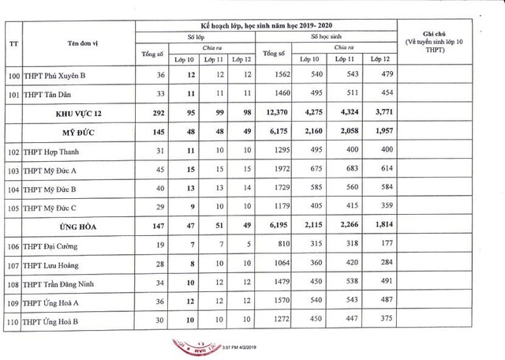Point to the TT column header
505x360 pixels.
tap(13, 42)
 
